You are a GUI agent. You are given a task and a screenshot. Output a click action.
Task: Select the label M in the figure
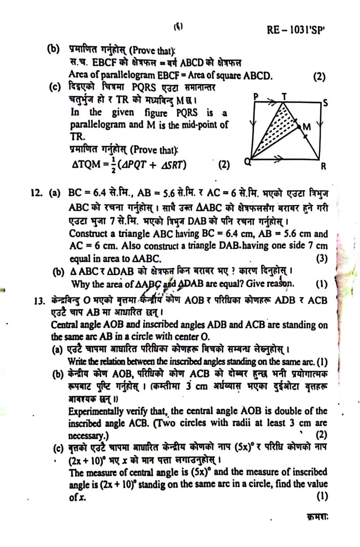point(307,127)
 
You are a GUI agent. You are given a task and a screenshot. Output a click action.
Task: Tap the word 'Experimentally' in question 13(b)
point(95,412)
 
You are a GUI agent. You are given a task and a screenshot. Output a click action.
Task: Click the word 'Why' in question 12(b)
point(79,284)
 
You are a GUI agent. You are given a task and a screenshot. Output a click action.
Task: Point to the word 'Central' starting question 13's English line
point(65,325)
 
